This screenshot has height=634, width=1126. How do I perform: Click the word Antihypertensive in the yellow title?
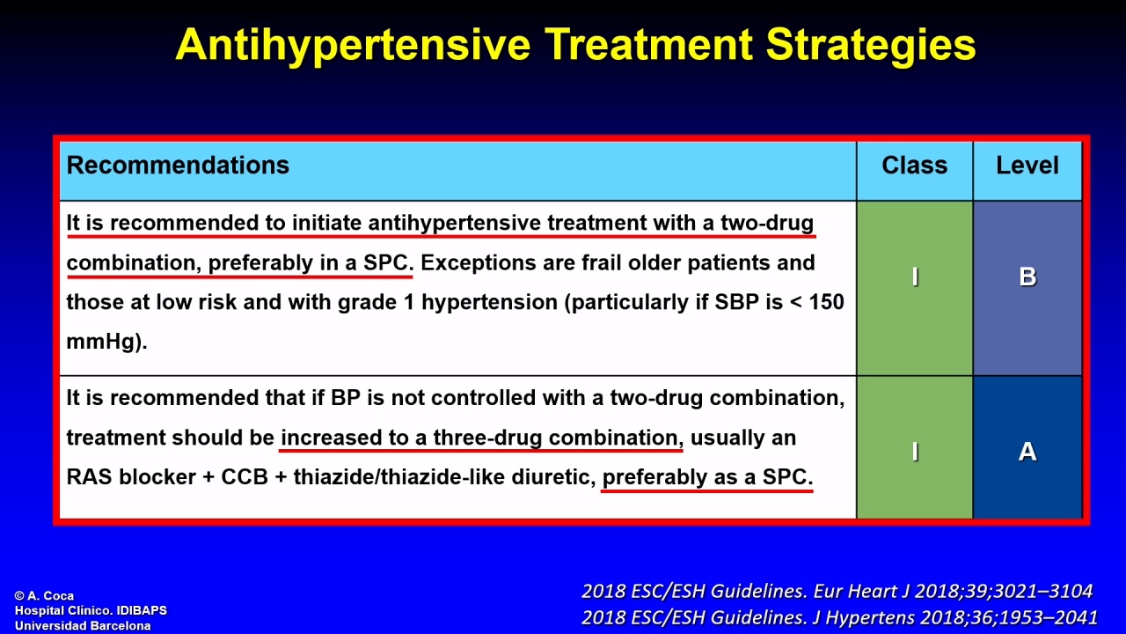tap(353, 45)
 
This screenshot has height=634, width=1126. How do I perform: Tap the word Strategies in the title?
tap(871, 45)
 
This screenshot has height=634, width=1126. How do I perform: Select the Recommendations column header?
tap(178, 165)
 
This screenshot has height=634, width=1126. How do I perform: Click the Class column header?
tap(914, 165)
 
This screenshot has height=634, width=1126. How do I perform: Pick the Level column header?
tap(1027, 165)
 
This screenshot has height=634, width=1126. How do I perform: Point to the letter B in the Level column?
tap(1027, 276)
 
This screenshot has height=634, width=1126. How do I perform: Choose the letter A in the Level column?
tap(1027, 452)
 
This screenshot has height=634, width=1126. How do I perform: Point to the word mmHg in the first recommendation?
tap(100, 343)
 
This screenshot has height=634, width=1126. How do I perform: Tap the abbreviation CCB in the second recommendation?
tap(245, 477)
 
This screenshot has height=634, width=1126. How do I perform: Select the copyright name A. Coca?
tap(50, 596)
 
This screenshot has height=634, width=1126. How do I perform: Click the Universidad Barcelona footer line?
tap(83, 626)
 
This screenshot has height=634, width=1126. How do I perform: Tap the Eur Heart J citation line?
tap(837, 591)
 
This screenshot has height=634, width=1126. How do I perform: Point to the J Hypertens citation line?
tap(839, 617)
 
